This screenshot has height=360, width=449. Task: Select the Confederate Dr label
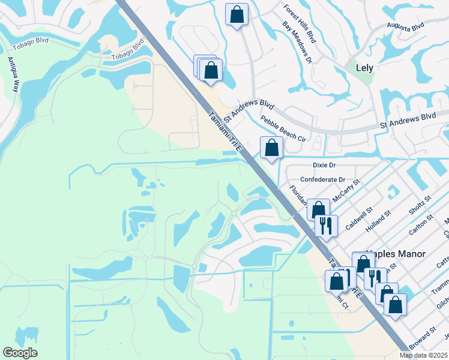click(x=323, y=179)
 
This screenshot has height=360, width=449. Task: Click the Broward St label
click(x=424, y=338)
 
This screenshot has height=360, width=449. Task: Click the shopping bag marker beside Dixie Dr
click(x=271, y=148)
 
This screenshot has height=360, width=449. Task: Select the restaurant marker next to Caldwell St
click(x=326, y=226)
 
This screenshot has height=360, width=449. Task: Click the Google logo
click(x=20, y=353)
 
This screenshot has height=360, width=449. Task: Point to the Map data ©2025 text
click(x=423, y=355)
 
